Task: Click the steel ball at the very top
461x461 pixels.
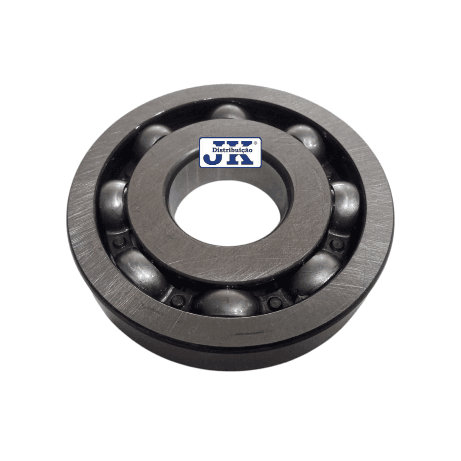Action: (x=229, y=112)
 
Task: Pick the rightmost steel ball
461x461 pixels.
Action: (x=346, y=206)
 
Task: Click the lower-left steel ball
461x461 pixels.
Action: (x=142, y=272)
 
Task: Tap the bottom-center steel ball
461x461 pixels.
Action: (x=227, y=303)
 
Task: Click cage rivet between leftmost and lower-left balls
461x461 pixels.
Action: (x=119, y=242)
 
